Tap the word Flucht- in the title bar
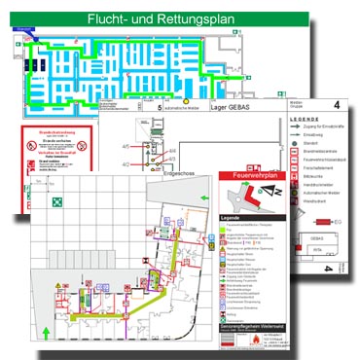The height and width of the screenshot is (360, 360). [x=113, y=19]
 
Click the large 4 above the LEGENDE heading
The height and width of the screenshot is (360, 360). [x=337, y=104]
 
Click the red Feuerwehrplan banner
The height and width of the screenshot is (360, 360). [x=236, y=175]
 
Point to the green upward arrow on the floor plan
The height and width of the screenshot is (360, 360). [x=47, y=308]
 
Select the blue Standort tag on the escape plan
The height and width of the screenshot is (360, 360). [x=17, y=30]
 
